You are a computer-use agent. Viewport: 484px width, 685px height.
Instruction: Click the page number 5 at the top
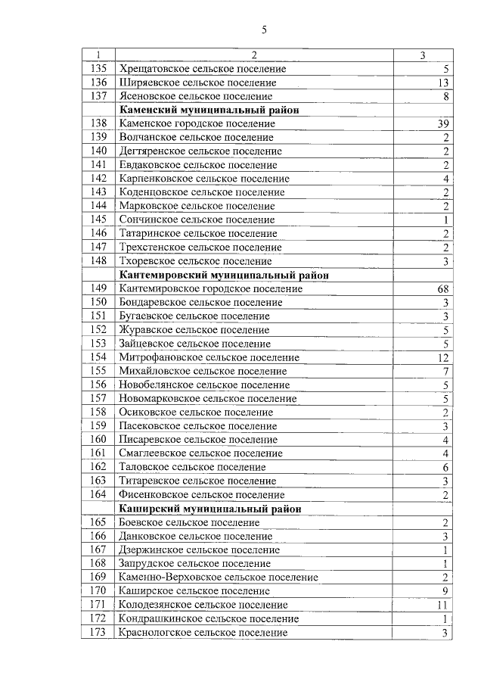[264, 30]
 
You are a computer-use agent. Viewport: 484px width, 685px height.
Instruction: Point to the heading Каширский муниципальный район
[209, 509]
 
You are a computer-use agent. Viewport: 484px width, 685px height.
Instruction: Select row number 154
[98, 357]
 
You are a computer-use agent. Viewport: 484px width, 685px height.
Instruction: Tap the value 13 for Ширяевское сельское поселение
[444, 83]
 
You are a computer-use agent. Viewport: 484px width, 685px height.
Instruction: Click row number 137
[98, 96]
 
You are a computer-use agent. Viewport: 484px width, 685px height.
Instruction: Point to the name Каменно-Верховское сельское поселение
[218, 578]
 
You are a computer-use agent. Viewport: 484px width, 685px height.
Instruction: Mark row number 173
[98, 633]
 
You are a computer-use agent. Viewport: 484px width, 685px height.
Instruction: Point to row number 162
[98, 467]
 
